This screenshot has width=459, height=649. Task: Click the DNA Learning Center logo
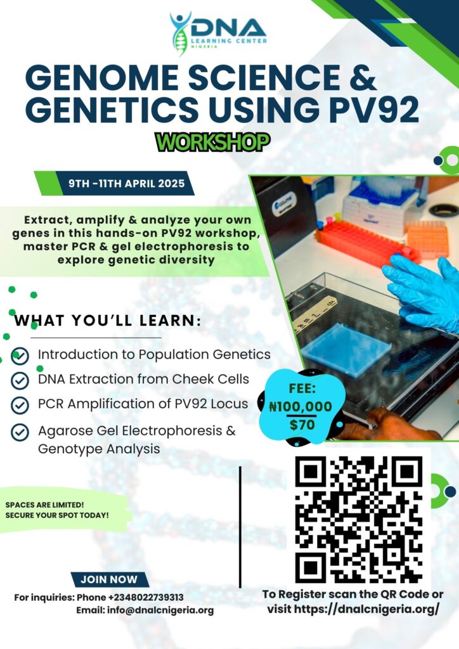pos(218,33)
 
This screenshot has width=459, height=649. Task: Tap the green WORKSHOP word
pos(213,142)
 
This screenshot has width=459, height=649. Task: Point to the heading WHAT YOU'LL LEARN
pos(108,321)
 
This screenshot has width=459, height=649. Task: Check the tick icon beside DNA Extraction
pos(20,380)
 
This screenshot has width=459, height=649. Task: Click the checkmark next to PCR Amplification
pos(20,405)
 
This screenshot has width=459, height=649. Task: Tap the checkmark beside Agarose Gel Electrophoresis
pos(20,432)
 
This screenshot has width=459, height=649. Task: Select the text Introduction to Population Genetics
pos(154,354)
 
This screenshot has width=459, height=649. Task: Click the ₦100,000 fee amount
pos(301,407)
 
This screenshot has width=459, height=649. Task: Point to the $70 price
pos(302,425)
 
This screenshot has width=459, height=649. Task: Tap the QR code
pos(359,520)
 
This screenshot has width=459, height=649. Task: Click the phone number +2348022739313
pos(146,598)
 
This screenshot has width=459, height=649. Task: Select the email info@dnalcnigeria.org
pos(160,610)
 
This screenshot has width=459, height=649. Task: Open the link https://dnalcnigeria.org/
pos(366,609)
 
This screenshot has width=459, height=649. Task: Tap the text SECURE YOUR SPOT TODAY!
pos(57,516)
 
